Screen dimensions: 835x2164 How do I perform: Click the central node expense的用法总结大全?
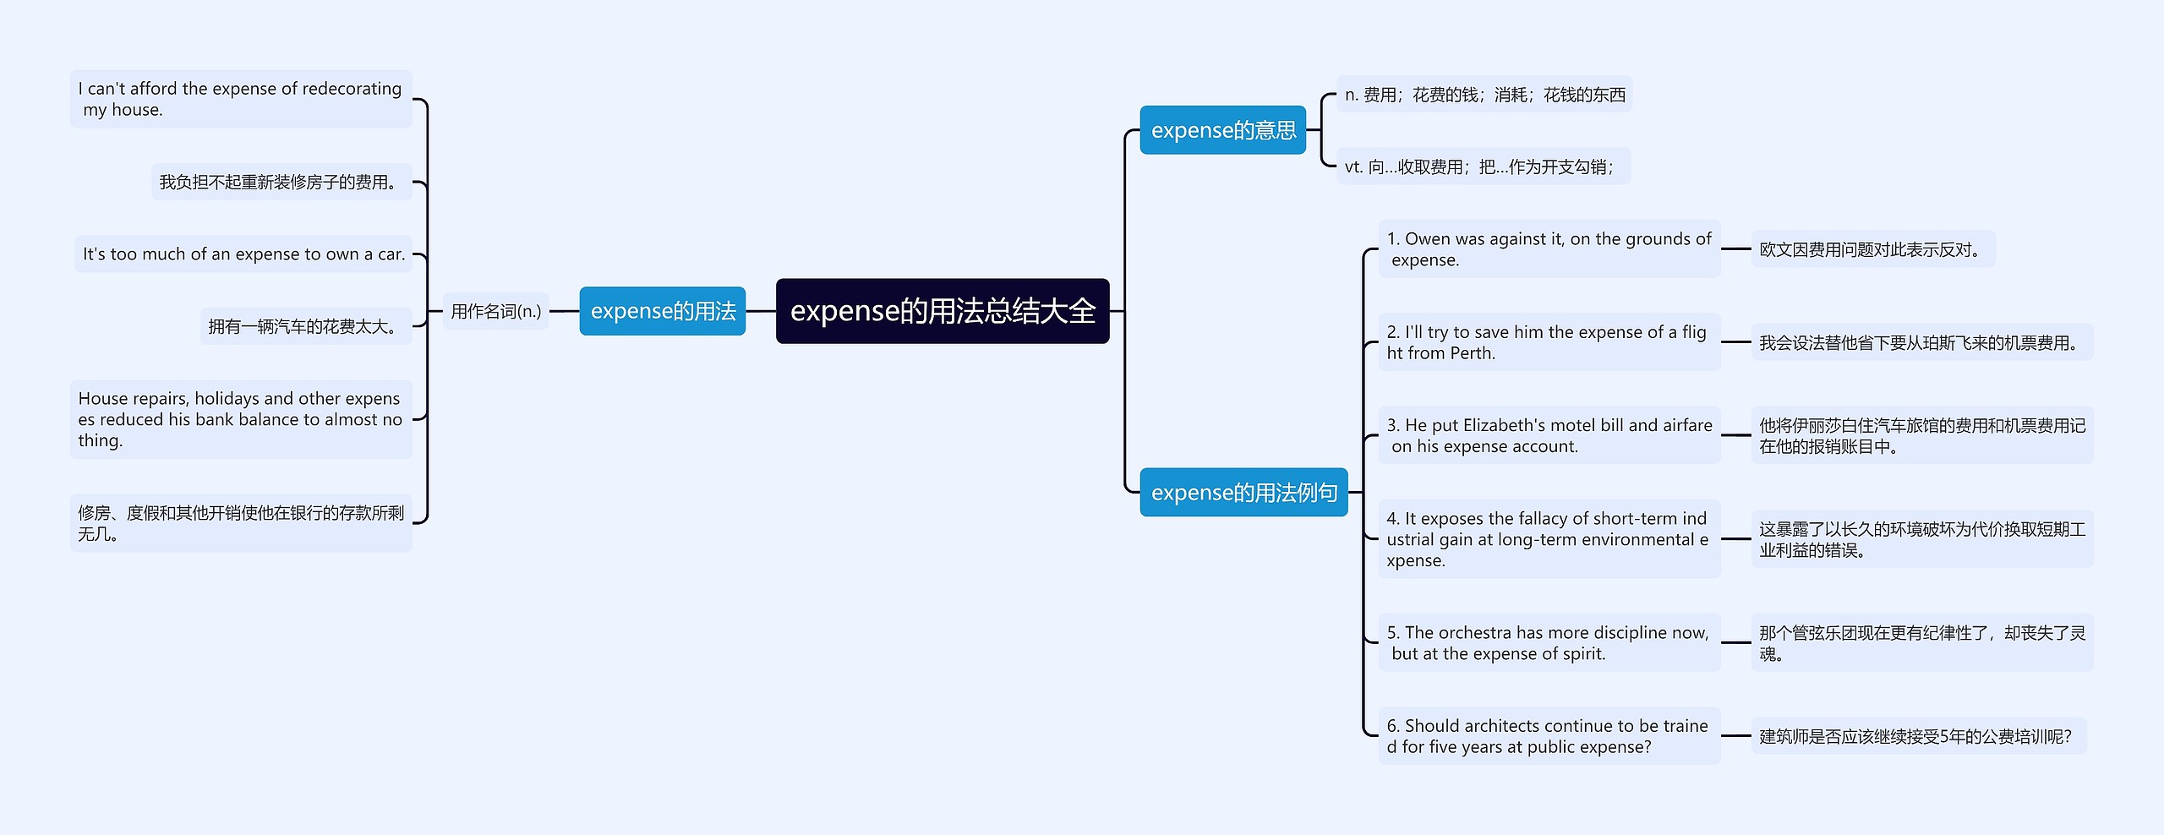[x=942, y=311]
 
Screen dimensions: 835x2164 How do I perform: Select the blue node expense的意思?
[x=1222, y=130]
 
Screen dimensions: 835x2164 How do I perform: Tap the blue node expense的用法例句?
[x=1243, y=492]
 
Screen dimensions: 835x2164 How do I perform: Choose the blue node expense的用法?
[x=662, y=311]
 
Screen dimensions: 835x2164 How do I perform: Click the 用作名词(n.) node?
[x=495, y=311]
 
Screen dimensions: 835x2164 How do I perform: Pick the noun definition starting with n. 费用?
[x=1484, y=95]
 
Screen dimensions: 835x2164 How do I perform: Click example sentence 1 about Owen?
[x=1549, y=249]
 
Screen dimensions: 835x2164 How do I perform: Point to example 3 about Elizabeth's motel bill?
[x=1549, y=435]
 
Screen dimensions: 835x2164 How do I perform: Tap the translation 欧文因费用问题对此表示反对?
[x=1872, y=249]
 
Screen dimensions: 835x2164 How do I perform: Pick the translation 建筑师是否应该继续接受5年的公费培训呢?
[x=1915, y=736]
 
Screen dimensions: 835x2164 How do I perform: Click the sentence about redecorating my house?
[x=240, y=99]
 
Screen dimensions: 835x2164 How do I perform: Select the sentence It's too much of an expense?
[x=243, y=254]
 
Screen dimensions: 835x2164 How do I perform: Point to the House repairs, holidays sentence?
[x=240, y=419]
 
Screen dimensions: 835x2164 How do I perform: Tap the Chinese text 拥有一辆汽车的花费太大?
[x=305, y=326]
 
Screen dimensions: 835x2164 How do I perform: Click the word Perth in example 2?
[x=1471, y=353]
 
